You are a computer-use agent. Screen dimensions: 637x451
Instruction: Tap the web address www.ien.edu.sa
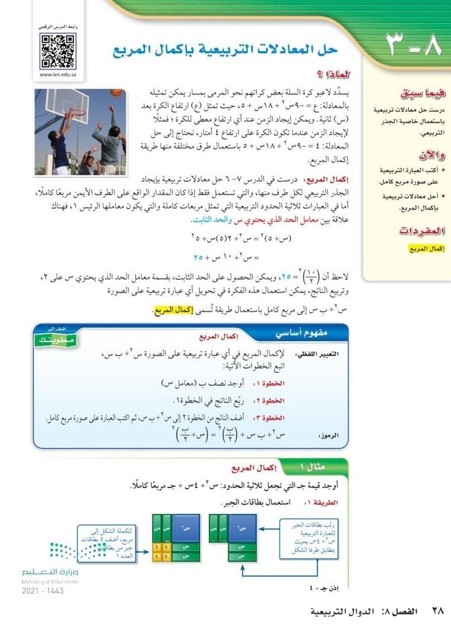[58, 75]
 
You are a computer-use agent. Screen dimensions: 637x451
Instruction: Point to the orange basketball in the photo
[116, 93]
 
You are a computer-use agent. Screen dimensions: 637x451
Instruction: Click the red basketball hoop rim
[77, 112]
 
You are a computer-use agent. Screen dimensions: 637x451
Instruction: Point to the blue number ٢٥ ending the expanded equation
[199, 258]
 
